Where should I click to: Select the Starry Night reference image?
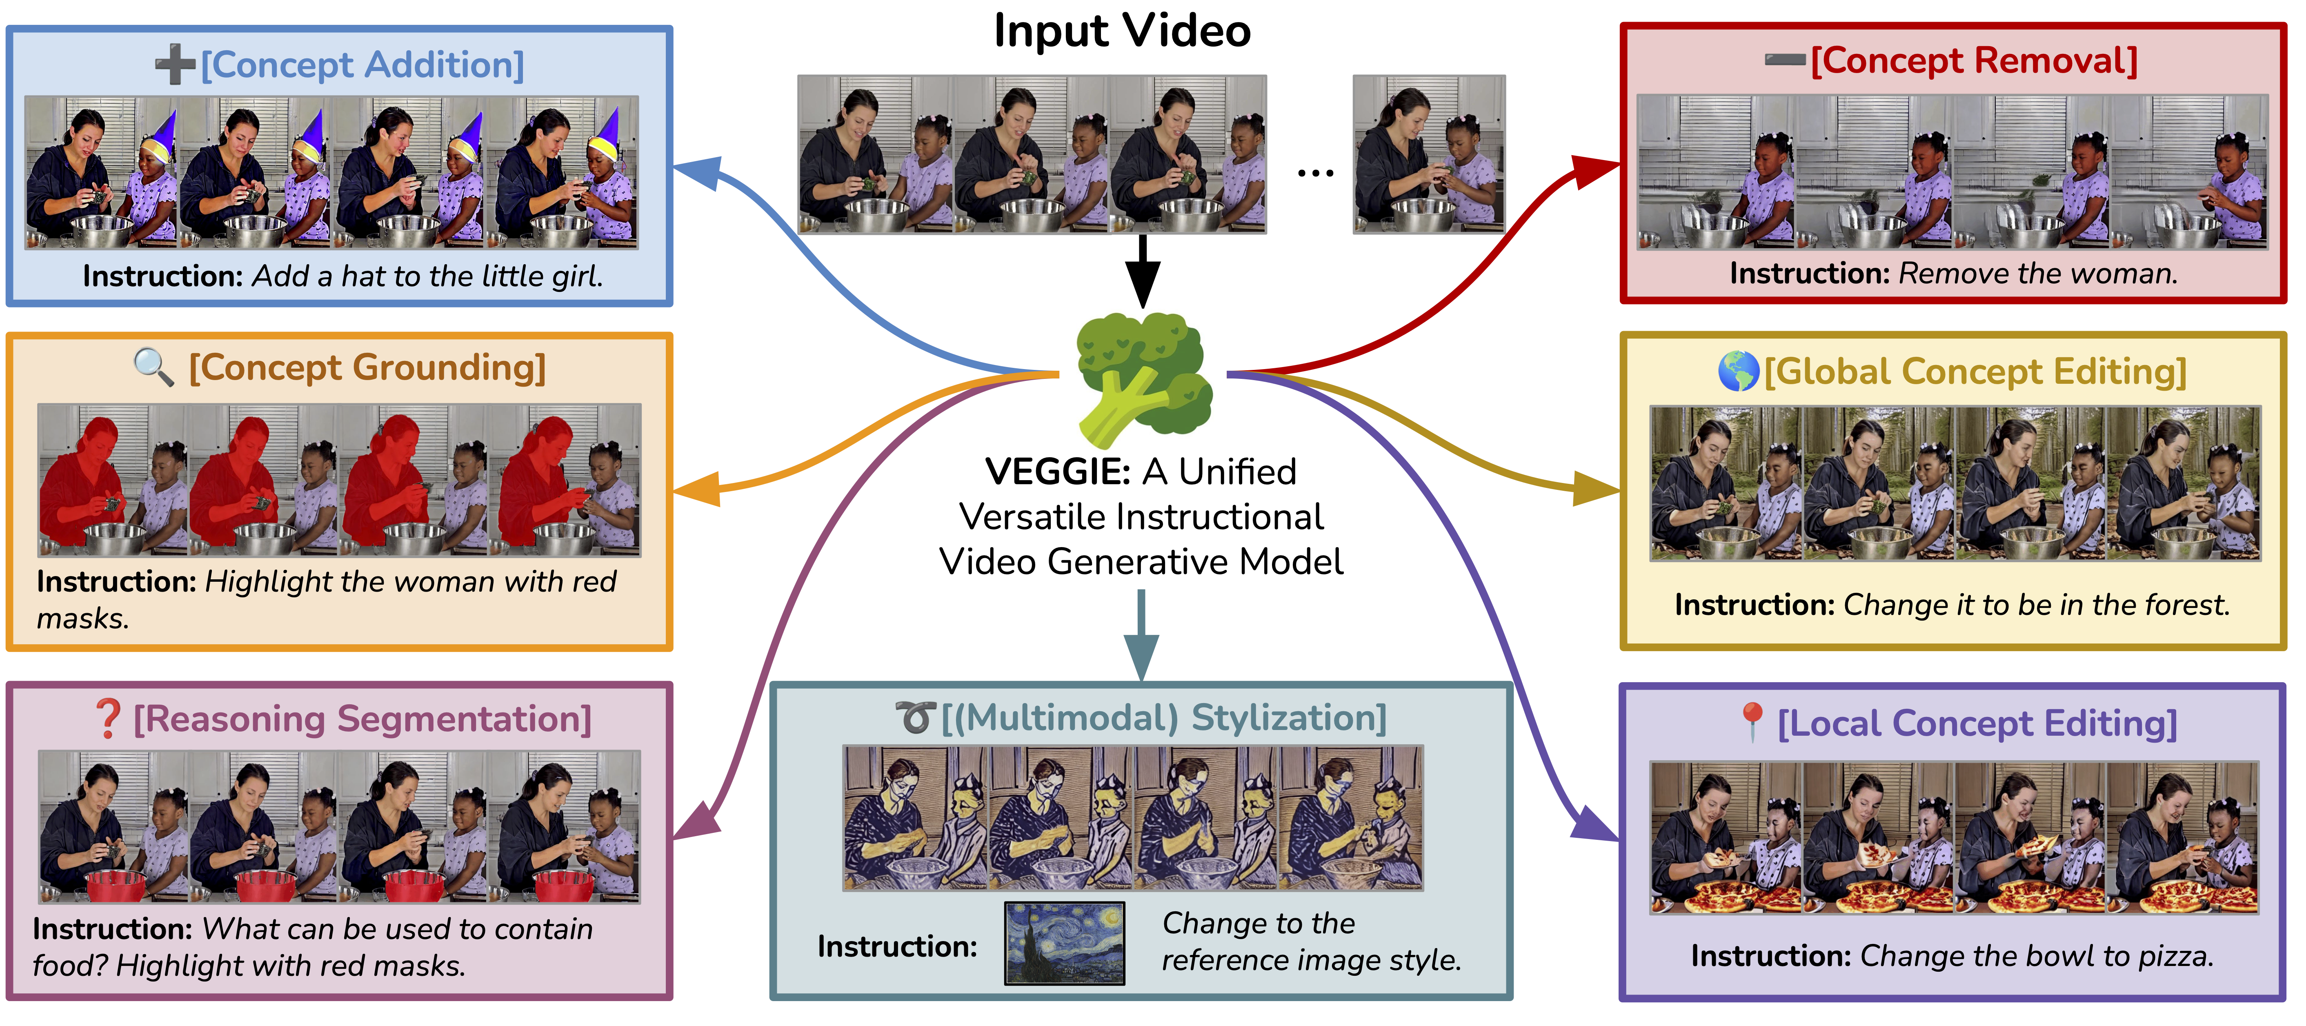(1064, 943)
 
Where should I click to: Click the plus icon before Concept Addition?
(175, 65)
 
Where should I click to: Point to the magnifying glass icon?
(153, 367)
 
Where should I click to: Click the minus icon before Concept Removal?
(1784, 60)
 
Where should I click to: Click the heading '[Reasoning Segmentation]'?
(362, 719)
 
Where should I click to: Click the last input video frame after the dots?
(1429, 154)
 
